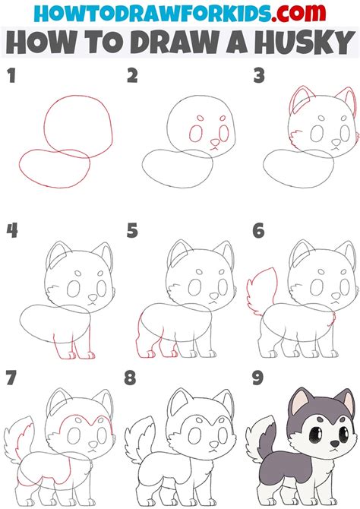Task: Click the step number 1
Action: pyautogui.click(x=11, y=76)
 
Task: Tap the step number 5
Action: pyautogui.click(x=132, y=230)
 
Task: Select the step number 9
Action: pyautogui.click(x=257, y=378)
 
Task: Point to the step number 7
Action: pyautogui.click(x=11, y=378)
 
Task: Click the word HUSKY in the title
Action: pyautogui.click(x=305, y=43)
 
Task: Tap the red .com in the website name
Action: pyautogui.click(x=298, y=13)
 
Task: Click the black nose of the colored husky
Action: pyautogui.click(x=334, y=443)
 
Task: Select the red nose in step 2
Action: pyautogui.click(x=215, y=142)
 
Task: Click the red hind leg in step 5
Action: pyautogui.click(x=139, y=337)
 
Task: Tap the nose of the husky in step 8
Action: pyautogui.click(x=214, y=443)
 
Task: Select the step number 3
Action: pyautogui.click(x=259, y=76)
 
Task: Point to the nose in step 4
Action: pyautogui.click(x=93, y=297)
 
